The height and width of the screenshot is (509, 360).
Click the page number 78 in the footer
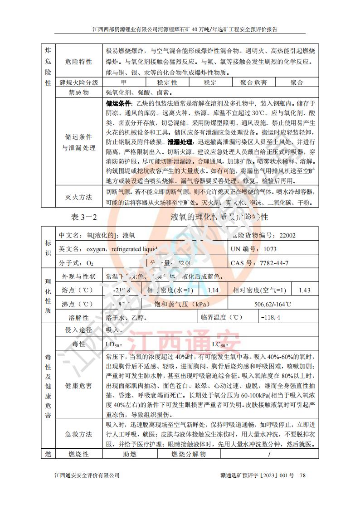(x=303, y=475)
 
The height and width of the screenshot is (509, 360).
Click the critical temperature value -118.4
(x=271, y=318)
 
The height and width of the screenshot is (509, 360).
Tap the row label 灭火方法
(x=79, y=197)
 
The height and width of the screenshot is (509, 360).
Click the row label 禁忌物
(x=79, y=92)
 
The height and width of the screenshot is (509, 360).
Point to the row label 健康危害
(x=79, y=386)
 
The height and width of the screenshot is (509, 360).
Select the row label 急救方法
(x=79, y=434)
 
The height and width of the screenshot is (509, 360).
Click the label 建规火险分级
(x=79, y=82)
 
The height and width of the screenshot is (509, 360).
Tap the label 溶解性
(x=79, y=318)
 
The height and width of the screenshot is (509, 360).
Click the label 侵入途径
(x=79, y=330)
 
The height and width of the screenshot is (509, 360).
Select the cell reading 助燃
(x=130, y=454)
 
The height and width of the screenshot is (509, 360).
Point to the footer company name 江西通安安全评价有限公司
(x=87, y=475)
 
